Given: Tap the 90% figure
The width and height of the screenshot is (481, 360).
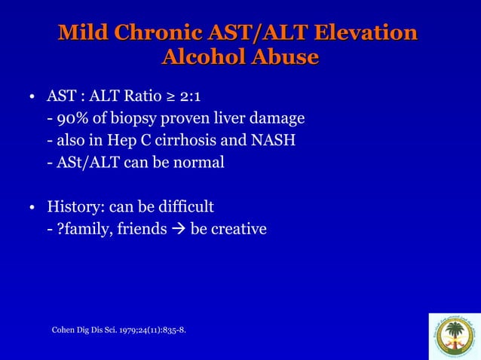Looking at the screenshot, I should point(71,119).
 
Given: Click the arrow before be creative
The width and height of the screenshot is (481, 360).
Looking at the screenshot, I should point(179,228).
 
